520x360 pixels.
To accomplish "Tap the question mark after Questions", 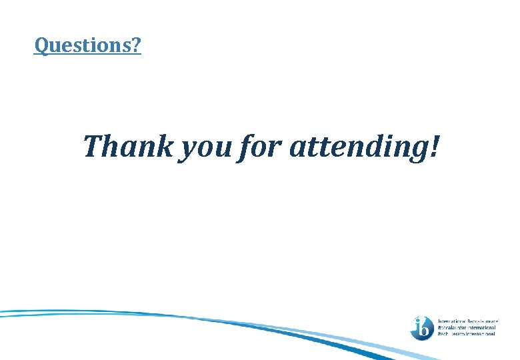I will [x=136, y=46].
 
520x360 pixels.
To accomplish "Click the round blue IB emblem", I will [x=422, y=327].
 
